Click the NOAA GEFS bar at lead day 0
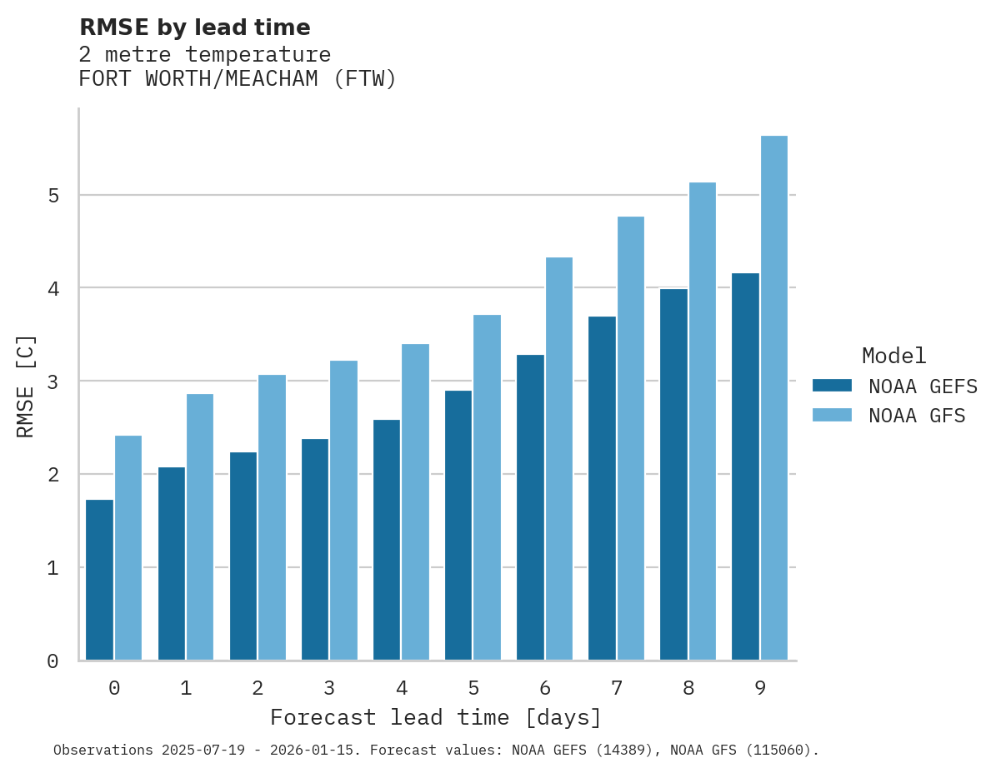click(x=99, y=581)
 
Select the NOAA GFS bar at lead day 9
click(x=774, y=398)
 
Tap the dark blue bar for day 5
click(x=458, y=526)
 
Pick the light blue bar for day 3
click(x=343, y=511)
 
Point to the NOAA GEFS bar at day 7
click(x=602, y=489)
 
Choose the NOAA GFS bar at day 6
click(x=558, y=459)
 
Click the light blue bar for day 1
click(x=200, y=527)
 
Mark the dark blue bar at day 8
click(x=673, y=475)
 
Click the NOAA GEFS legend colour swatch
click(x=832, y=386)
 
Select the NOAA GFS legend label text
click(x=917, y=416)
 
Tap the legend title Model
click(x=893, y=356)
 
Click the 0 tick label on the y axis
click(x=53, y=661)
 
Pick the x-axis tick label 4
click(x=402, y=689)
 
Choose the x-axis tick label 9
click(x=760, y=689)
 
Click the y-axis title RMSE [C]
click(x=26, y=386)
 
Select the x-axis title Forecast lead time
click(x=435, y=717)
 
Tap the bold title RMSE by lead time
click(x=194, y=27)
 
